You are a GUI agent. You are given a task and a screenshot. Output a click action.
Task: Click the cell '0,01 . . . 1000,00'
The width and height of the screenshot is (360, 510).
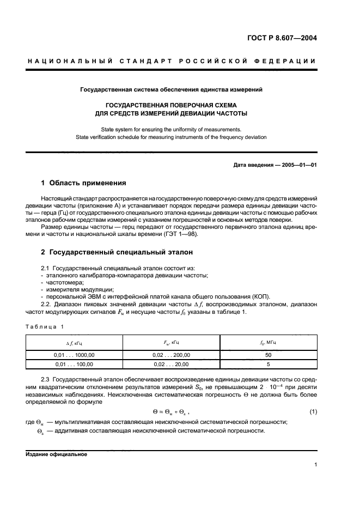74,355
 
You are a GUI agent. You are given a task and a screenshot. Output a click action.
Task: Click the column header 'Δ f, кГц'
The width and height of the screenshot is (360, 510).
74,342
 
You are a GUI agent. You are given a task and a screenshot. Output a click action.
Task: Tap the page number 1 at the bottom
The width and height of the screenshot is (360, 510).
315,465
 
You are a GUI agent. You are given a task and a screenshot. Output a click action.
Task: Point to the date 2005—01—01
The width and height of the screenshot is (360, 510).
297,164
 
